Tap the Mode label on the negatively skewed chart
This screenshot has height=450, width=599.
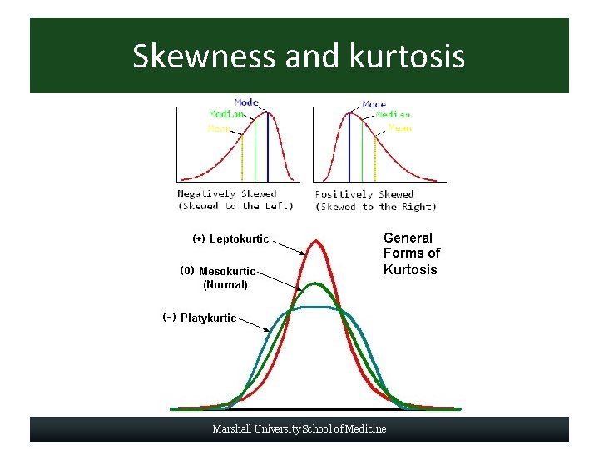pos(246,102)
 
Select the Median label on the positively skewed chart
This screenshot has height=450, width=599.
pos(393,115)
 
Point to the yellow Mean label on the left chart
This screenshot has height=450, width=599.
pos(220,128)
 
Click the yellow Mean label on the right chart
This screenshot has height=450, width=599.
pos(399,128)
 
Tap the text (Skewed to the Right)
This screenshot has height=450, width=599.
pos(375,207)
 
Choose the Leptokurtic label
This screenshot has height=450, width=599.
pos(240,239)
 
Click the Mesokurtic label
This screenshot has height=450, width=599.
pos(227,271)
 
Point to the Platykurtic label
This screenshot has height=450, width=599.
pos(208,317)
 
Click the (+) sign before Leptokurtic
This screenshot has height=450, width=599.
pos(199,239)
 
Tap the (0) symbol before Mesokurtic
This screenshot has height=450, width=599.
pos(187,271)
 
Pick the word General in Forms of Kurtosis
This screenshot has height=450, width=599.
pos(408,238)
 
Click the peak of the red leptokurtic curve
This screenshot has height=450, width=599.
pos(317,242)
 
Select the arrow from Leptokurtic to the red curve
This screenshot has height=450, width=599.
pos(290,247)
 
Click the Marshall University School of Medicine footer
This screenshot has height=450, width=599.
pos(299,429)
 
